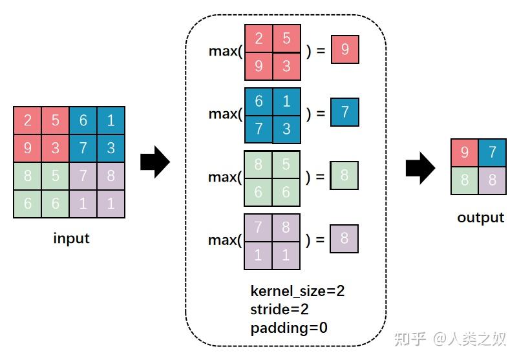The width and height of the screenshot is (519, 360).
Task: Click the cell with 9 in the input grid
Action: click(x=27, y=148)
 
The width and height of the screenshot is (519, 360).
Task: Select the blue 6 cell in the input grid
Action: click(x=83, y=120)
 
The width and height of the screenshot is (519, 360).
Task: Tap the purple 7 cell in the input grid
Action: click(x=83, y=176)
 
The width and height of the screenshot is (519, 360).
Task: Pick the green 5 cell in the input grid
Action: click(x=55, y=176)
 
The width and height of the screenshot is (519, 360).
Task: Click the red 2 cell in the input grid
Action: click(x=27, y=120)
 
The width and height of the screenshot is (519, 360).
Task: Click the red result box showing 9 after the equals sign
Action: click(x=344, y=50)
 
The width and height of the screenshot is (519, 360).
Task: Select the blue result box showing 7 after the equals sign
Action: click(x=344, y=112)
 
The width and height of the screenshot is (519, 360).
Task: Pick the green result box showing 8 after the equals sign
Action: click(x=344, y=176)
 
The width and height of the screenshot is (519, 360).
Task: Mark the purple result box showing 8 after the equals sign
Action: click(x=344, y=239)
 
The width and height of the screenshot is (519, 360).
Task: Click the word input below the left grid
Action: click(x=71, y=238)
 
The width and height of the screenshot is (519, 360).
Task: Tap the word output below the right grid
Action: click(x=480, y=218)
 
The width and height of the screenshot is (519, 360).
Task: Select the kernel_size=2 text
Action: click(x=297, y=291)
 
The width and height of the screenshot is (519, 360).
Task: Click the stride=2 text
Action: click(x=279, y=310)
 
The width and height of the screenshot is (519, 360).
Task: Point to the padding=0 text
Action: click(x=289, y=328)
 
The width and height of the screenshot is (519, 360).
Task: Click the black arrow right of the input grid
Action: click(x=154, y=162)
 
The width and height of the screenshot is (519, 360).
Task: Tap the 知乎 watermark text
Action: click(x=410, y=338)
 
